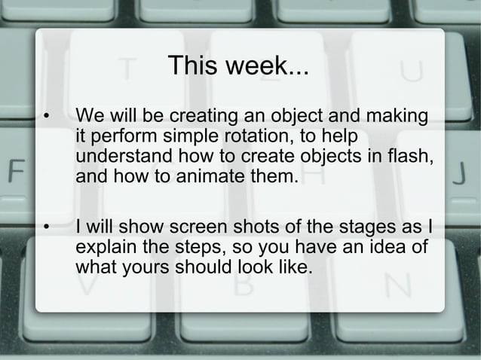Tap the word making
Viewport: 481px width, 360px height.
pos(398,118)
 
